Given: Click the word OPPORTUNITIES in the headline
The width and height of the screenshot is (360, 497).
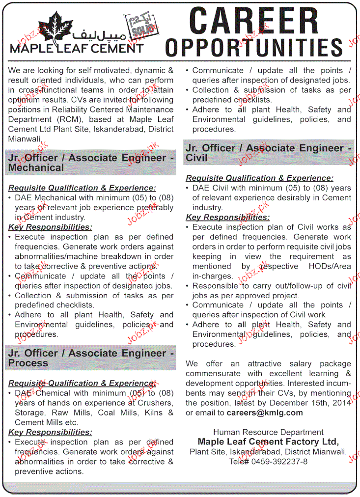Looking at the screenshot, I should [x=253, y=47].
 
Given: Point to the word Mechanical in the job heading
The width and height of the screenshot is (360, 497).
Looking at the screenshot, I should [x=36, y=167].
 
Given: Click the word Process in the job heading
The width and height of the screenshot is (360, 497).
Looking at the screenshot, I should [x=28, y=363].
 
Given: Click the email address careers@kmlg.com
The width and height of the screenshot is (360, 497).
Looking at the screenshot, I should [x=272, y=413].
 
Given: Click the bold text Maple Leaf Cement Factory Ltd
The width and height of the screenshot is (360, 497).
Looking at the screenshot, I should [x=268, y=442].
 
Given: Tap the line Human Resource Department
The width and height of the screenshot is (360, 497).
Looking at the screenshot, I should [x=268, y=432].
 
